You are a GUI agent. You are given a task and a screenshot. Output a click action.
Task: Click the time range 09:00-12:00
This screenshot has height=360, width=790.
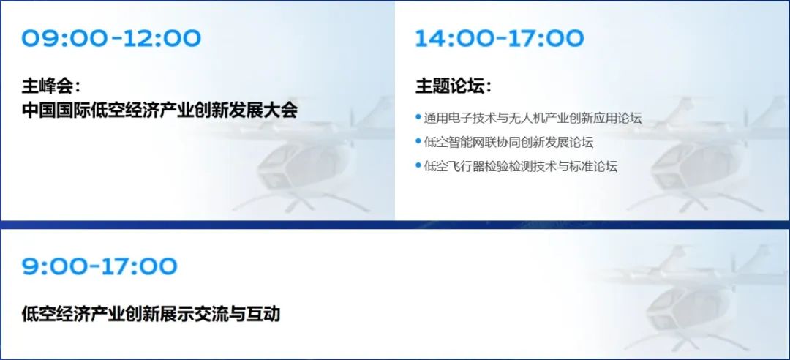[111, 38]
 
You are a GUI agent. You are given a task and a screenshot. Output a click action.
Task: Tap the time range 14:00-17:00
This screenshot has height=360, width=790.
[500, 38]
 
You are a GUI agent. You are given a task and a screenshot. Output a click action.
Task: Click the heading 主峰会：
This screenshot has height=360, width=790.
[51, 86]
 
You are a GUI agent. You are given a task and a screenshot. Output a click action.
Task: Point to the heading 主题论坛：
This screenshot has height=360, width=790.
[454, 86]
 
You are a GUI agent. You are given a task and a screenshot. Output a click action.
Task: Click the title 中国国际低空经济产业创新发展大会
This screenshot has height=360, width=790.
[159, 110]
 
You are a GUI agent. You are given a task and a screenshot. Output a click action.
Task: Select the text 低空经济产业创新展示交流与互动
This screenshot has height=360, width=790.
[151, 314]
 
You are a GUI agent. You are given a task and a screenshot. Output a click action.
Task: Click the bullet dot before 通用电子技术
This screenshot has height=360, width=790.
[418, 117]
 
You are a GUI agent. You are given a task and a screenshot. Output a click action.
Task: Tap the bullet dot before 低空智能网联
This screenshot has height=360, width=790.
[418, 140]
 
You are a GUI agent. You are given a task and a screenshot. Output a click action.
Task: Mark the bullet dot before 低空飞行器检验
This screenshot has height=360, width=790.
[418, 165]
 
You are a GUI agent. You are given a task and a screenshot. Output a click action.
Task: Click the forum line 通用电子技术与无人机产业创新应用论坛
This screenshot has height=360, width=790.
[533, 119]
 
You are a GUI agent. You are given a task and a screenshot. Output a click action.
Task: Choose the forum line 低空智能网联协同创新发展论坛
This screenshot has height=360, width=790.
[508, 142]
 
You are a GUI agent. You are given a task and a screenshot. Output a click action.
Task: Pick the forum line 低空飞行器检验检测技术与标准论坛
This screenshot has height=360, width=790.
[521, 166]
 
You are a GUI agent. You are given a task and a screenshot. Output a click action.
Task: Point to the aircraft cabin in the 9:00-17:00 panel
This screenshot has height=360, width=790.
[688, 307]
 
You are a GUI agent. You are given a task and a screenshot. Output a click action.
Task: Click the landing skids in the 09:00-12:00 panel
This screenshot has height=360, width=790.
[302, 202]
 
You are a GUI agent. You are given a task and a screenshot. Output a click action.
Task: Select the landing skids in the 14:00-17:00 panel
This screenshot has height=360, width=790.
[696, 202]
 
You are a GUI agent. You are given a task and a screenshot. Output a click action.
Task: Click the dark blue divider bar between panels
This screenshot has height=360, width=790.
[395, 225]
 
